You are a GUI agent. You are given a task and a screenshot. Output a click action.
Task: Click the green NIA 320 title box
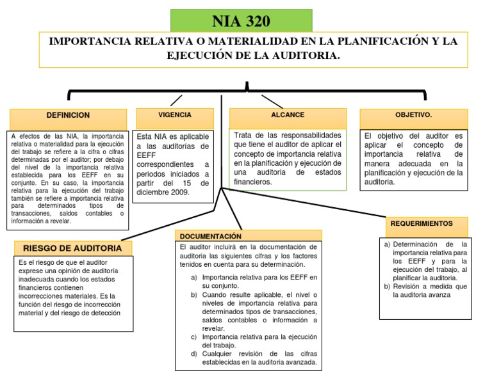click(241, 20)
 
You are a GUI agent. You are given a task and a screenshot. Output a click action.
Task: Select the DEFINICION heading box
click(69, 116)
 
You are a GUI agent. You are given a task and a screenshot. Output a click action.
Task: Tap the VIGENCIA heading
click(174, 115)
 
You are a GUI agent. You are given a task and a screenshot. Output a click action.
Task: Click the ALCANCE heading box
click(288, 115)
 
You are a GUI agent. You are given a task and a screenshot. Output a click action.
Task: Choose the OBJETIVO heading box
click(413, 115)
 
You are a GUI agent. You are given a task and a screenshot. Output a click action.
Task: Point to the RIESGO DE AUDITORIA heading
click(72, 248)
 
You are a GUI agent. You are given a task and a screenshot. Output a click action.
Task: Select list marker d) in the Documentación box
click(194, 354)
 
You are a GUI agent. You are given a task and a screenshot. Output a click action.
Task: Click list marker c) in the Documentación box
click(194, 336)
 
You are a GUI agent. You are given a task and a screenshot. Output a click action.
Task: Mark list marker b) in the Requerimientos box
click(387, 287)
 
